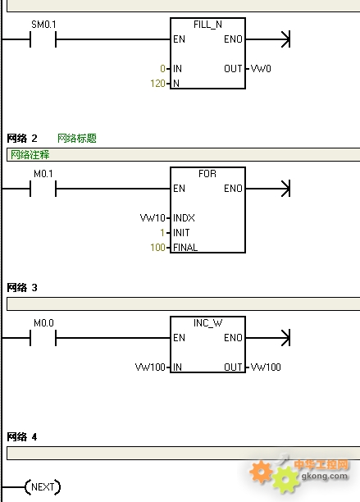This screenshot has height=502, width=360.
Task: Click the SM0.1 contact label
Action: (43, 25)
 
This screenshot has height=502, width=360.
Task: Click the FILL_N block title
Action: (207, 25)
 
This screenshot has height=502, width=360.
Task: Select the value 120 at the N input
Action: (157, 84)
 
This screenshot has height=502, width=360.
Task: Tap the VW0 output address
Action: (261, 69)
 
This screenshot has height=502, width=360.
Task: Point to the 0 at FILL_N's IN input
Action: (162, 69)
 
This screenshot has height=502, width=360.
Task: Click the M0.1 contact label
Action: (43, 174)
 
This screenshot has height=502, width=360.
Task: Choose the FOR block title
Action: (207, 174)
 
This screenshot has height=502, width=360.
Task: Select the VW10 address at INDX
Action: (153, 218)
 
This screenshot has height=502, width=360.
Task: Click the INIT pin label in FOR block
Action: (181, 233)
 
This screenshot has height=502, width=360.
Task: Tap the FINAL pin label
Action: (185, 248)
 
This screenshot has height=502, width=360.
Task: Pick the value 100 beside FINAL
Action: (157, 248)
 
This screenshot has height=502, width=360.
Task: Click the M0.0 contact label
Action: (43, 323)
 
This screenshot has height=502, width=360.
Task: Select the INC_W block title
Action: (207, 323)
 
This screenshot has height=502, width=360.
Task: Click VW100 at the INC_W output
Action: (266, 367)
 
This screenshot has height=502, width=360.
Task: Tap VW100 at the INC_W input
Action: (150, 367)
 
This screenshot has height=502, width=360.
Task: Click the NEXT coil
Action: (43, 487)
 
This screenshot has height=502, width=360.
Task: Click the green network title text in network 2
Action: (77, 139)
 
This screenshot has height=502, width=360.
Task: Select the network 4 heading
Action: (22, 437)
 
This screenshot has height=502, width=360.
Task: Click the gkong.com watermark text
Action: (325, 476)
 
